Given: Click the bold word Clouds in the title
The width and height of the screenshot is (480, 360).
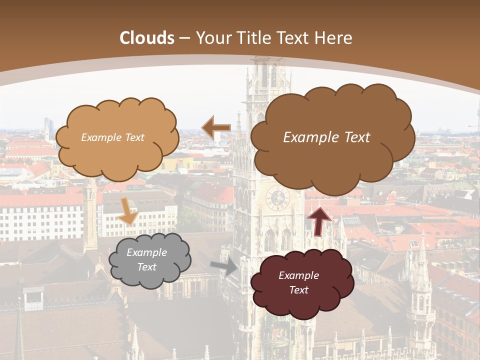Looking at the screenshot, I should point(147,38).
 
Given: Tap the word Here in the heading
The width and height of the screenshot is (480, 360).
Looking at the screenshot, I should point(333,38).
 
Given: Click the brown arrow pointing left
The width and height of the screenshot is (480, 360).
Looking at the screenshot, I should point(216,128).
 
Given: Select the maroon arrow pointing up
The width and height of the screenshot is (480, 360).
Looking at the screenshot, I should point(319,220).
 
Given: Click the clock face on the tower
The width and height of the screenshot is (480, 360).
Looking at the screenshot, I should point(277,199).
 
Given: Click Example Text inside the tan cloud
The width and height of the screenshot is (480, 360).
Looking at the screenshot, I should point(112,137).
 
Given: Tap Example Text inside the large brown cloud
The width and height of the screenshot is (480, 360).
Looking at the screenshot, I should point(326,137).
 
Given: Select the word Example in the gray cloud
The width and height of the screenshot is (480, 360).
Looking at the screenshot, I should point(146,252).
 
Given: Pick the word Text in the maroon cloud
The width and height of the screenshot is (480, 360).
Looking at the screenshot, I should point(298,290).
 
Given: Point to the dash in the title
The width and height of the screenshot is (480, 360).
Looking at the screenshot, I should point(184,38).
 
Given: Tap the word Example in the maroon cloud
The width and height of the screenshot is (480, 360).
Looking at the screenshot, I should point(298,275).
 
